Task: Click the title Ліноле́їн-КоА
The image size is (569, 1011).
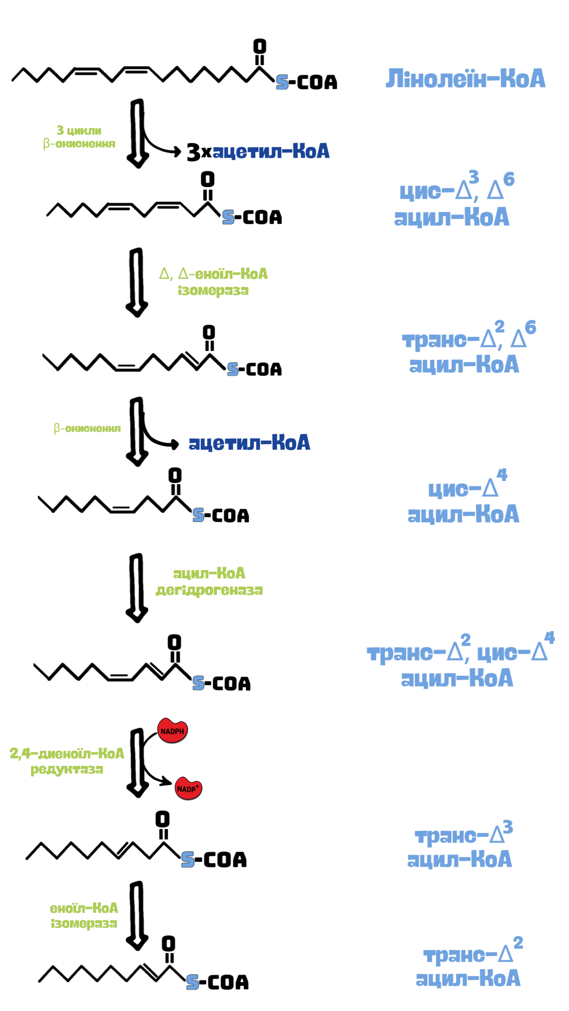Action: [x=465, y=79]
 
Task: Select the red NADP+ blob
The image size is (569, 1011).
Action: [x=188, y=788]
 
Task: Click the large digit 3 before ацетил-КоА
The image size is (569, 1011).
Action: [x=194, y=152]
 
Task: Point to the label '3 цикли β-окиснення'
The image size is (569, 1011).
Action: [x=79, y=137]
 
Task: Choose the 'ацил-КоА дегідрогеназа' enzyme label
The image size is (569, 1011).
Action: [x=209, y=582]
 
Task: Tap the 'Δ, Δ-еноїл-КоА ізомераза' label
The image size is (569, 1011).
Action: [x=213, y=282]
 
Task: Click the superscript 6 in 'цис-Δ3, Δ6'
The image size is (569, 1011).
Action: [x=509, y=179]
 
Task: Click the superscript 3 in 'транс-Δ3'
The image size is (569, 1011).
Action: [x=508, y=827]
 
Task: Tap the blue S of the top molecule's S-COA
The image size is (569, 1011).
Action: [x=282, y=82]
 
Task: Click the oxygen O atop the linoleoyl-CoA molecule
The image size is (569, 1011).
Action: [x=259, y=46]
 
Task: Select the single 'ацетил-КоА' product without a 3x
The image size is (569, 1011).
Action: [x=249, y=443]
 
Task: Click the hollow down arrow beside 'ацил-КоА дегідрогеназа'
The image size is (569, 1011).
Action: [x=137, y=588]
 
